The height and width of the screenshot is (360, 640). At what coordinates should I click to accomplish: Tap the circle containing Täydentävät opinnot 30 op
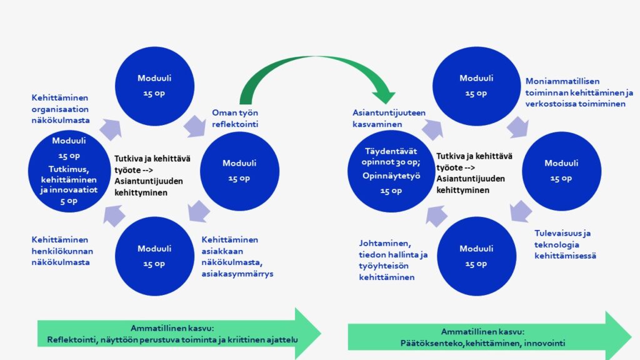(x=391, y=169)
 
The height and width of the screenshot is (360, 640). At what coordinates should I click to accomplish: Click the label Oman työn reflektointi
(x=235, y=118)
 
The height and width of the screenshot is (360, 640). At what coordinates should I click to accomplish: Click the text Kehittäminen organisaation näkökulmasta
(x=61, y=109)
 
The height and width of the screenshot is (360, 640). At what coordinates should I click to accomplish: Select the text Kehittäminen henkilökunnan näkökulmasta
(x=61, y=251)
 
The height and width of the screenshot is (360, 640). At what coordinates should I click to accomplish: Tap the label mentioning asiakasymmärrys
(x=238, y=256)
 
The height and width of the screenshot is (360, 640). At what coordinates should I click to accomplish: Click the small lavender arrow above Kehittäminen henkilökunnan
(x=114, y=216)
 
